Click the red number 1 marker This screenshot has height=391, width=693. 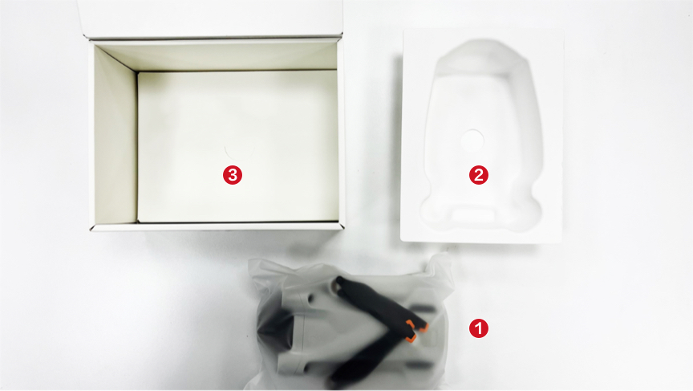[x=479, y=328]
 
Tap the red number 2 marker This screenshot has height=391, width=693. [x=479, y=174]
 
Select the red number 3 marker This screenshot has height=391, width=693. [x=232, y=174]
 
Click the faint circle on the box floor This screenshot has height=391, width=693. [x=228, y=149]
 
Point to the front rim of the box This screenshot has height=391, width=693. [x=217, y=226]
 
